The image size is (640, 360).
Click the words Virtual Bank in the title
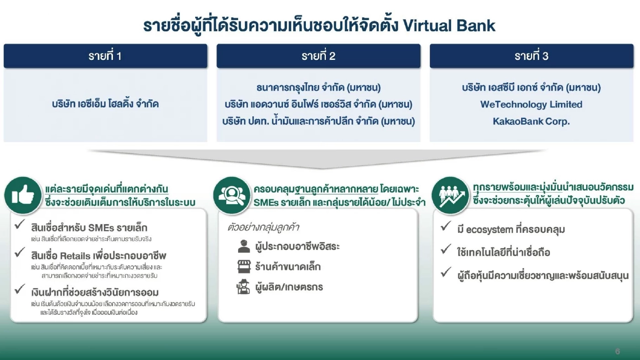[x=449, y=26]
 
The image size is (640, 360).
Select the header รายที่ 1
[x=105, y=56]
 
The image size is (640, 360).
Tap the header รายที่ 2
[x=318, y=56]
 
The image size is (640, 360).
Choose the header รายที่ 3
[x=531, y=56]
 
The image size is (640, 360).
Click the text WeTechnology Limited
[x=531, y=104]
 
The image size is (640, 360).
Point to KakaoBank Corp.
[x=531, y=122]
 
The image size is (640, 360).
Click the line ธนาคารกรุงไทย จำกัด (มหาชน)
[x=318, y=87]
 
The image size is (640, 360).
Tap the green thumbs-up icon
[x=23, y=195]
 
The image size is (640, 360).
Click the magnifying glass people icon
[x=232, y=195]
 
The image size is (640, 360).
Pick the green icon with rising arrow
[x=451, y=195]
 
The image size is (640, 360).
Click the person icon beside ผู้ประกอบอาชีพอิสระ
[x=244, y=247]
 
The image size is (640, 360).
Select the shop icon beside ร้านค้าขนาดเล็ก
[x=244, y=267]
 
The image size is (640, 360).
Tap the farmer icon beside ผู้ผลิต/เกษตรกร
[x=243, y=287]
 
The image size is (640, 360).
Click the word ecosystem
[x=490, y=230]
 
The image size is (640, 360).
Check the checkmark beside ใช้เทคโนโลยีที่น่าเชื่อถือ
[x=446, y=249]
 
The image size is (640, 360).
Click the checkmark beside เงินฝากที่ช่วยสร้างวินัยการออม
[x=20, y=289]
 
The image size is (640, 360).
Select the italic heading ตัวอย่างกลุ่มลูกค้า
[x=263, y=228]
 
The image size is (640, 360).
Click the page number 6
[x=618, y=351]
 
